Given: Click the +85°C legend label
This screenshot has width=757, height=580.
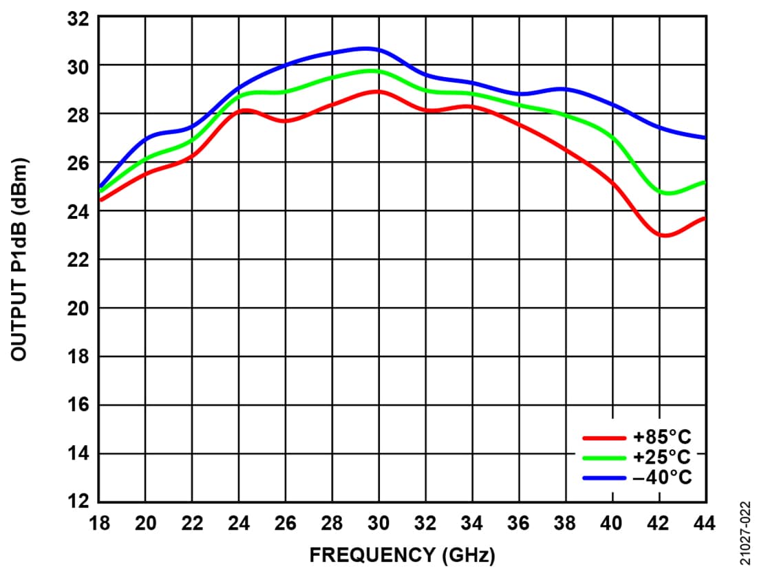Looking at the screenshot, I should pos(662,436).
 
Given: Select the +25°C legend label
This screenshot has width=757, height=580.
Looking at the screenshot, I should pos(662,457).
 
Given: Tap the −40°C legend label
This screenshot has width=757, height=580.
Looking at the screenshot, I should pos(662,477).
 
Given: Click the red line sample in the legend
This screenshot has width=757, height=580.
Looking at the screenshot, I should pos(604,437).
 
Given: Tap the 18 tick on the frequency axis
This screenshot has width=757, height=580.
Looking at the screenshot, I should pos(99,524).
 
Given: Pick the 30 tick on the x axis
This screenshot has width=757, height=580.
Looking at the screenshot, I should pos(378,524).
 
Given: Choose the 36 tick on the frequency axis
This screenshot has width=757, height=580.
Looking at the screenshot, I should pos(518,524).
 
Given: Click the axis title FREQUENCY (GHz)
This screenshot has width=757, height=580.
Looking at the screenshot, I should pos(402,555).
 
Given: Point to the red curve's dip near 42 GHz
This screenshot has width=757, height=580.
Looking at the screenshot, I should pos(664,236).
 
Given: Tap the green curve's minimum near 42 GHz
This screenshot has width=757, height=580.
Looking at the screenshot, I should pos(666,193).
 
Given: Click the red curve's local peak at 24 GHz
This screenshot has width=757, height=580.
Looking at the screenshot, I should pos(246,109).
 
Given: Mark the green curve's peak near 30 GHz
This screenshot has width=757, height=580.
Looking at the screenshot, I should pos(372,70).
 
